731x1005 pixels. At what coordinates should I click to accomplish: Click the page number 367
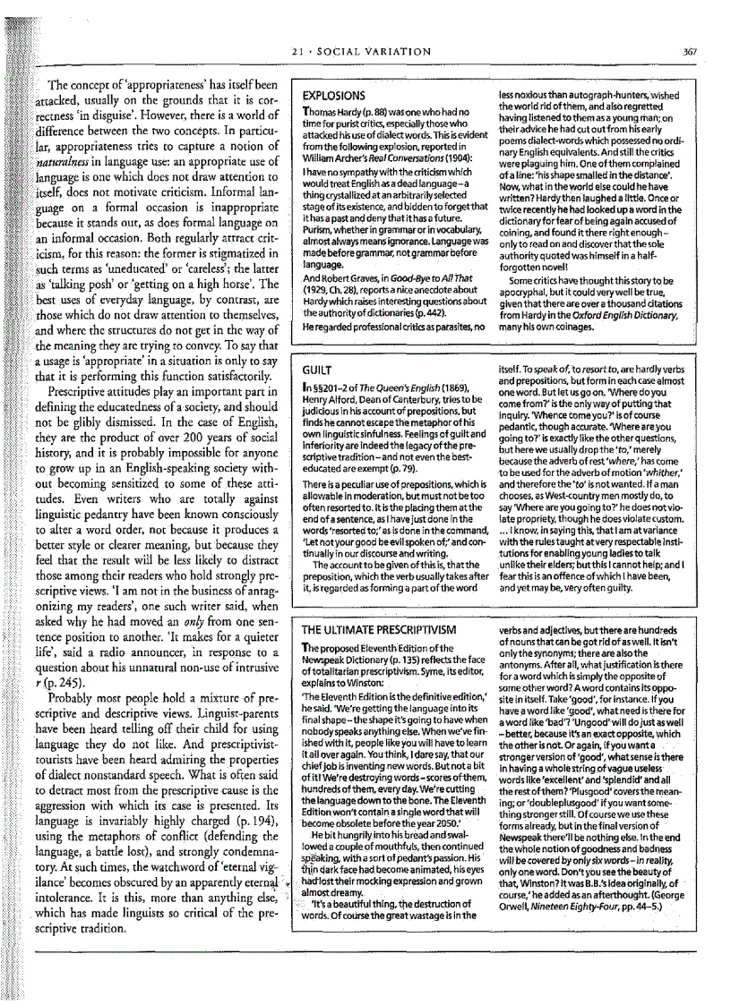pos(689,51)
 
